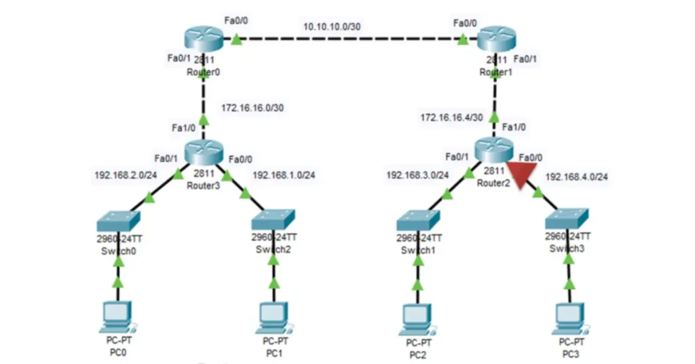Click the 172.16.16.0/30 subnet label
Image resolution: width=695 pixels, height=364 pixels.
[251, 108]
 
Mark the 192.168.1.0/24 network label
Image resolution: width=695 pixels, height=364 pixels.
[284, 175]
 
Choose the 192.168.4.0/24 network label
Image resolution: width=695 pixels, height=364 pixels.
[576, 177]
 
